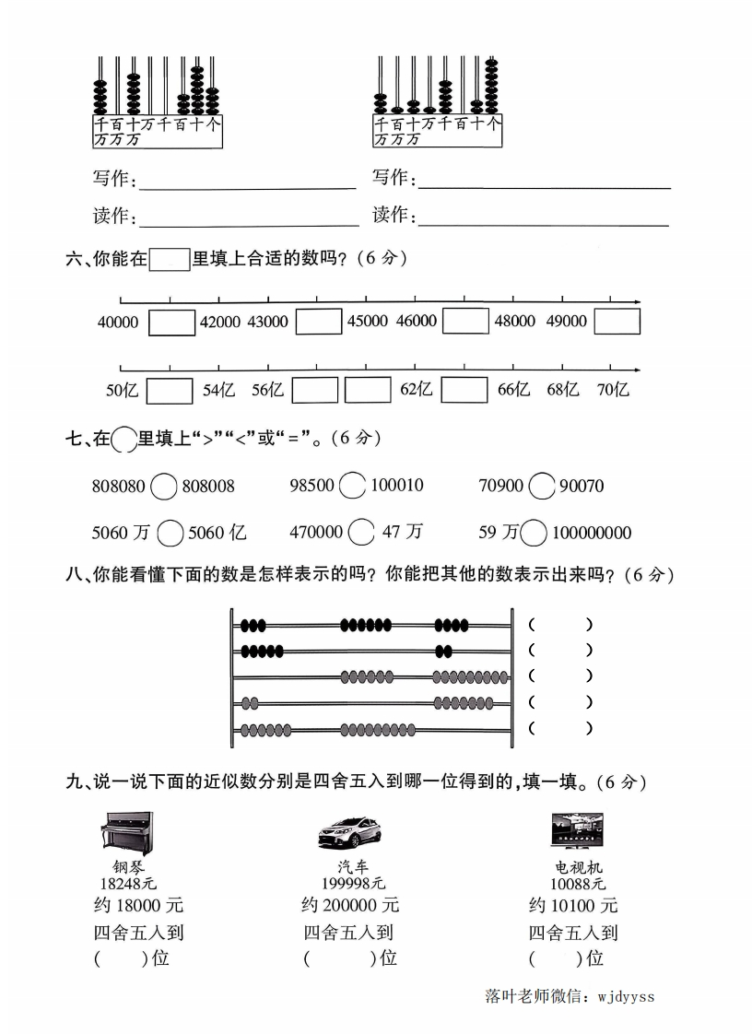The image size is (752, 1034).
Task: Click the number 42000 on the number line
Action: pyautogui.click(x=219, y=322)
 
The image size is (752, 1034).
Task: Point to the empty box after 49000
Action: pyautogui.click(x=617, y=322)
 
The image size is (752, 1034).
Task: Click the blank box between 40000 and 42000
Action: pyautogui.click(x=171, y=323)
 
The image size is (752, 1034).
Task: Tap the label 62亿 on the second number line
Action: pyautogui.click(x=416, y=390)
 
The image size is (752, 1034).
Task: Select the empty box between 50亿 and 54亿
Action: pyautogui.click(x=170, y=391)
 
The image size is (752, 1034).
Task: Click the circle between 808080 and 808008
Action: pyautogui.click(x=163, y=486)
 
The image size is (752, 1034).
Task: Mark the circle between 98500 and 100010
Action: pyautogui.click(x=352, y=485)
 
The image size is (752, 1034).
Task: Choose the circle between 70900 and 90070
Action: pyautogui.click(x=544, y=485)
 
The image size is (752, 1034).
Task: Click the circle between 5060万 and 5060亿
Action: pyautogui.click(x=170, y=533)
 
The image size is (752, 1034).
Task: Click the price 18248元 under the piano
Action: pyautogui.click(x=129, y=885)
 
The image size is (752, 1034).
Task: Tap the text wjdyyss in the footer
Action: pyautogui.click(x=626, y=995)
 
